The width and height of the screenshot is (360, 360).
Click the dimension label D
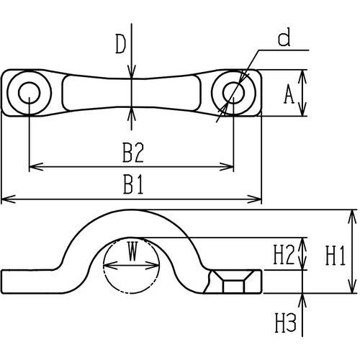click(121, 44)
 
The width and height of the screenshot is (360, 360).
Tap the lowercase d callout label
click(284, 37)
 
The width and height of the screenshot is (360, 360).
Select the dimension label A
click(289, 94)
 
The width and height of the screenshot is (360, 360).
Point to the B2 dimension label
click(133, 153)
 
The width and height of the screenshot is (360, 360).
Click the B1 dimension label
click(133, 184)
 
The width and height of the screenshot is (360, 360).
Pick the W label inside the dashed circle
click(132, 251)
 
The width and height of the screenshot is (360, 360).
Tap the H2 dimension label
click(284, 255)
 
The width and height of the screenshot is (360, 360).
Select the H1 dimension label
click(336, 256)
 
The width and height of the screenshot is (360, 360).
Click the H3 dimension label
click(286, 323)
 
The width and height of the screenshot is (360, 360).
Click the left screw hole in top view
click(29, 93)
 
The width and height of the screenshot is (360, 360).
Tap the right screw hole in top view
click(233, 93)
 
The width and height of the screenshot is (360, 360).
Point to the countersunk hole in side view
click(233, 282)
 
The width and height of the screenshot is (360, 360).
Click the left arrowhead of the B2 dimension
click(36, 166)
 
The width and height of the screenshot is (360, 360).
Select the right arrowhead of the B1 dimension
click(254, 199)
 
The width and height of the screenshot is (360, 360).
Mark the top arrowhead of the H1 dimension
click(352, 217)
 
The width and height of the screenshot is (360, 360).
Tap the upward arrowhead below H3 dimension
click(302, 300)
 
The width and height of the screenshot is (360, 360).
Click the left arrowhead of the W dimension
click(110, 265)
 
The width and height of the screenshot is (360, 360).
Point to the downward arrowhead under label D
click(131, 71)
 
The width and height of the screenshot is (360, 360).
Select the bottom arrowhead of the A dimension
click(303, 109)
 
